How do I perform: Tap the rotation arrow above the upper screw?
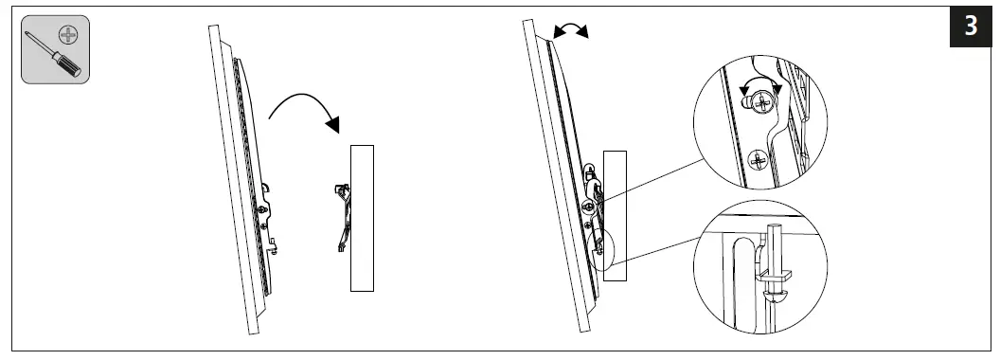[763, 86]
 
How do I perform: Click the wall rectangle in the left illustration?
[362, 218]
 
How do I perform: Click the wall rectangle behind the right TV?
[616, 213]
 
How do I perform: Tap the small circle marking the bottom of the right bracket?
[598, 249]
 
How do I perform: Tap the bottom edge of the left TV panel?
[251, 331]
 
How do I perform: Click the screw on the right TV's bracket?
[589, 204]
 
